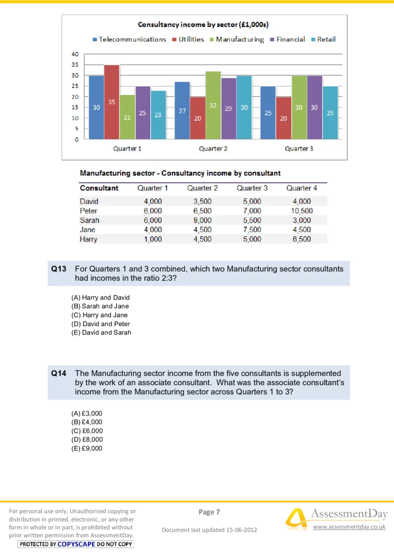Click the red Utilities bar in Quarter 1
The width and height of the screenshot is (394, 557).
pos(112,102)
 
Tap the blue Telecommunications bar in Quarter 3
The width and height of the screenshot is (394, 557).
pos(268,113)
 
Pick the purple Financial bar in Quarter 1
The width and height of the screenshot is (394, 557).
pos(142,113)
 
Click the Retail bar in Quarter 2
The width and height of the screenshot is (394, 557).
pos(244,108)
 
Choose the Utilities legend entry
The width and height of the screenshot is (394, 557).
pos(188,39)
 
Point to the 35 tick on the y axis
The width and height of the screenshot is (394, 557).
pos(75,65)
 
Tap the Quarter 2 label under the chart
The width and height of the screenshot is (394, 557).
pos(213,149)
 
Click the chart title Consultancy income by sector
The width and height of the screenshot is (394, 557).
pos(203,25)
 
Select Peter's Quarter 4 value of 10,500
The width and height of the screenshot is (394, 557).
pos(301,211)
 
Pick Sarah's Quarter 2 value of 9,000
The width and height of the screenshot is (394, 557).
pos(202,220)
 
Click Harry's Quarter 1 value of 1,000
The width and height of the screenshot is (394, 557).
pos(153,239)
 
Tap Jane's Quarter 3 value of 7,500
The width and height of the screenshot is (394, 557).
pos(252,229)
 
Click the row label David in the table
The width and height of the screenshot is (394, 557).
pos(89,201)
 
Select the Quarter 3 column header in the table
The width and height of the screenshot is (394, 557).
pos(252,188)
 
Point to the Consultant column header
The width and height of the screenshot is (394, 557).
pos(99,188)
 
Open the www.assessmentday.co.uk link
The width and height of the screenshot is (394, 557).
pos(349,527)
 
